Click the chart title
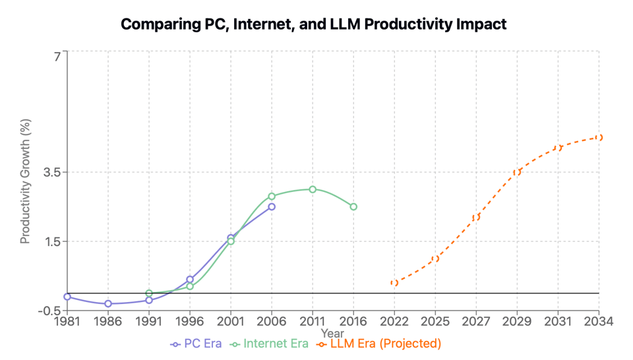coord(313,24)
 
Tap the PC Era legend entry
coord(196,344)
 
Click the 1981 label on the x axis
coord(67,322)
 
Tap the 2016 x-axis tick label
coord(353,322)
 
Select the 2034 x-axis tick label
coord(599,322)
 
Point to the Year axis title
coord(332,334)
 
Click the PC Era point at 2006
coord(272,207)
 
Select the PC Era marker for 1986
coord(108,304)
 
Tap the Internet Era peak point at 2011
coord(313,189)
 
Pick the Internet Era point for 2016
coord(353,207)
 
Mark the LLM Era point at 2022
coord(394,283)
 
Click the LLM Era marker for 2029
coord(517,172)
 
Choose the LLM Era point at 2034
coord(599,138)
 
